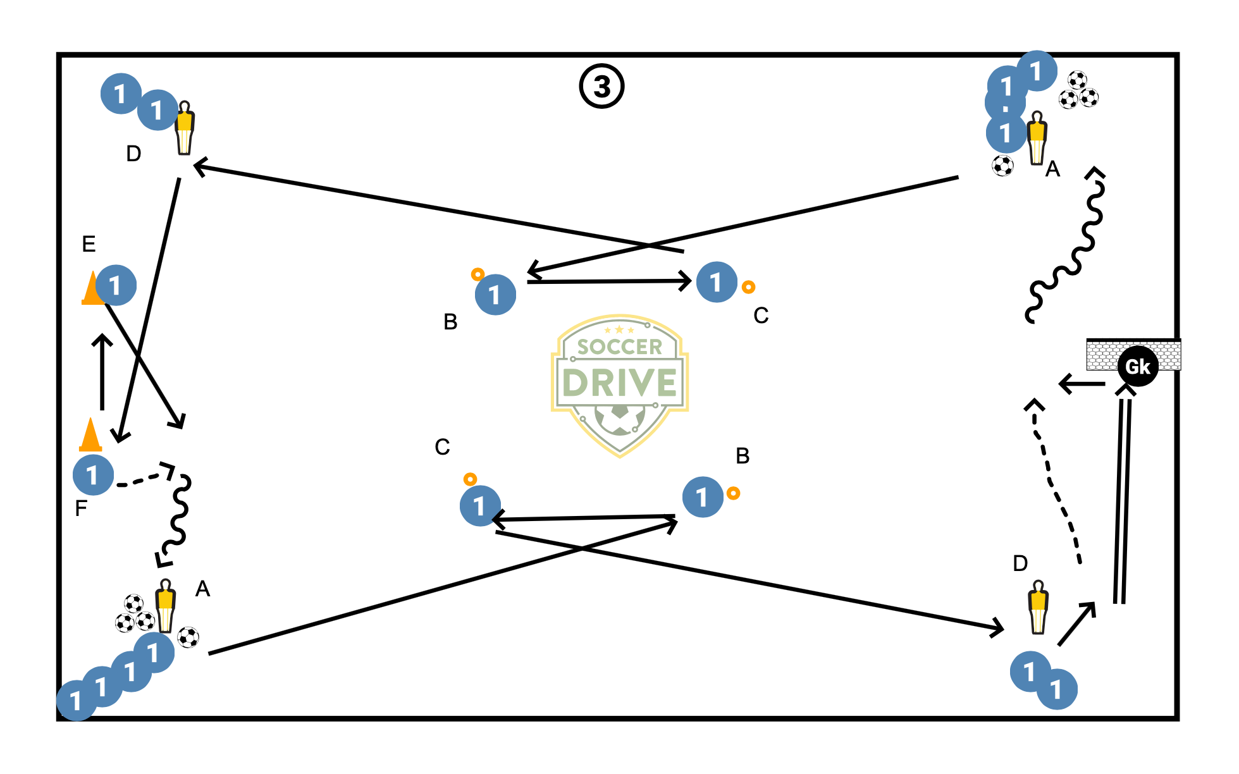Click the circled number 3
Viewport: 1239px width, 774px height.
601,87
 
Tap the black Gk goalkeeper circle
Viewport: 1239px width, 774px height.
1137,366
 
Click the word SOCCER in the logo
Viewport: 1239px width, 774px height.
619,347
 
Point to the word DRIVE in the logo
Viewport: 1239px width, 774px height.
619,383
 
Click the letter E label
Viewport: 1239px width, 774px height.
89,244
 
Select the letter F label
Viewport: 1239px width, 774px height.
80,508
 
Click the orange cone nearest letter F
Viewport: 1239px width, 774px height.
90,434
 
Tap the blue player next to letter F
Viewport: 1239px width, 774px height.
93,475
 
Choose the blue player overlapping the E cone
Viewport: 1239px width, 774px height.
116,285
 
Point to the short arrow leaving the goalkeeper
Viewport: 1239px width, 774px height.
1082,384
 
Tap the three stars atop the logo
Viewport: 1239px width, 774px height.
619,330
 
